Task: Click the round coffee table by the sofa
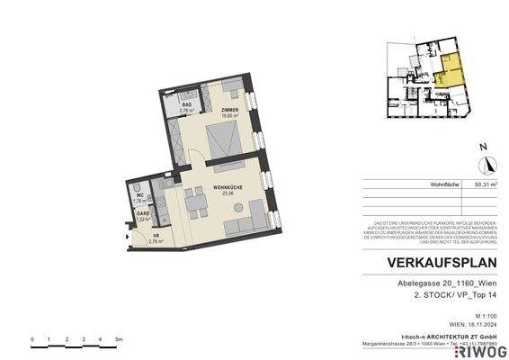coord(236,224)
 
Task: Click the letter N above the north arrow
coord(483,146)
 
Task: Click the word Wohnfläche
coord(446,184)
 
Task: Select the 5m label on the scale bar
coord(119,339)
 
